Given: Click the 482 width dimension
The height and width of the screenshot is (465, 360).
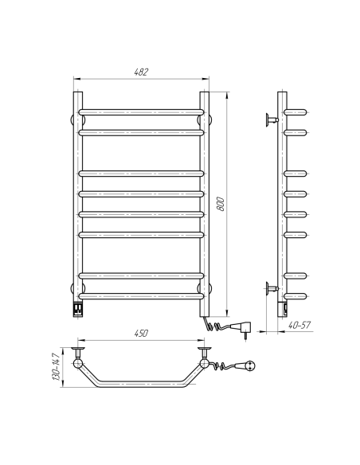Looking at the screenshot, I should pyautogui.click(x=140, y=72).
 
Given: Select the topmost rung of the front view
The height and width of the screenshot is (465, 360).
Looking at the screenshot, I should pyautogui.click(x=140, y=110).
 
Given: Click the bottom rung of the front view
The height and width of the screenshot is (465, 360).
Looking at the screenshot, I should pyautogui.click(x=140, y=297).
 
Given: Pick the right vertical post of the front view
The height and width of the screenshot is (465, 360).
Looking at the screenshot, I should pyautogui.click(x=204, y=199).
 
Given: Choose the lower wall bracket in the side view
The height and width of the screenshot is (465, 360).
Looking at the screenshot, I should pyautogui.click(x=270, y=287).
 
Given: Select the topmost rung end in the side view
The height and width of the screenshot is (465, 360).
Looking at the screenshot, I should pyautogui.click(x=295, y=111).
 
